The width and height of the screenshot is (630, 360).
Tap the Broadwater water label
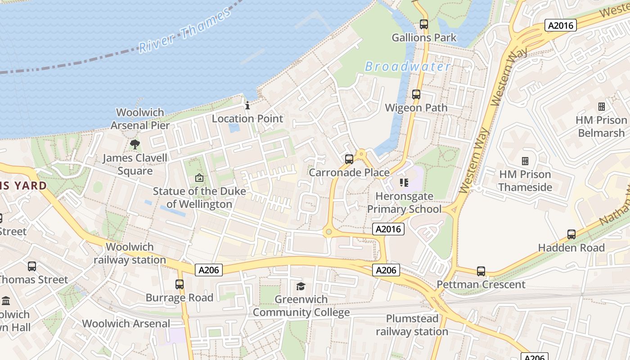407,67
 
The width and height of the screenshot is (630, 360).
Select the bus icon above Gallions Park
424,24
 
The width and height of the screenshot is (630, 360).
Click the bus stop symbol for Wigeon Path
416,94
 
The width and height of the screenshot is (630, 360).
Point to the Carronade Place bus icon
349,159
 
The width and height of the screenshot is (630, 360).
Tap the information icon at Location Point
247,106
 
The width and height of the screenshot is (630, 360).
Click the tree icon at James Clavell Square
135,144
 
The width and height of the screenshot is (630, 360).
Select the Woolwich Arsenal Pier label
140,119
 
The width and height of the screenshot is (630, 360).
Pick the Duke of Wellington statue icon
199,178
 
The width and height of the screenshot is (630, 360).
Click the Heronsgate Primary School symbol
404,183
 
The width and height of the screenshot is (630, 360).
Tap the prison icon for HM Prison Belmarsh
602,107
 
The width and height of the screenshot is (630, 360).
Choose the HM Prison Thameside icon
525,161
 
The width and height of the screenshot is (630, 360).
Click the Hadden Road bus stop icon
571,234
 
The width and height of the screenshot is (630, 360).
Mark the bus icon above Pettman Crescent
481,271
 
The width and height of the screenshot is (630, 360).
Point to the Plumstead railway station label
412,325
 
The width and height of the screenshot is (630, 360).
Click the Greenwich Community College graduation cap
301,286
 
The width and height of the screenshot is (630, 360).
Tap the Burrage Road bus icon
180,284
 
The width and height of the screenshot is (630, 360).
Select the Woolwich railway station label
130,253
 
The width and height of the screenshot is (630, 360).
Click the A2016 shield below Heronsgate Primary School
388,229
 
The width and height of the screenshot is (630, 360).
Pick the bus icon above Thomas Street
31,266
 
